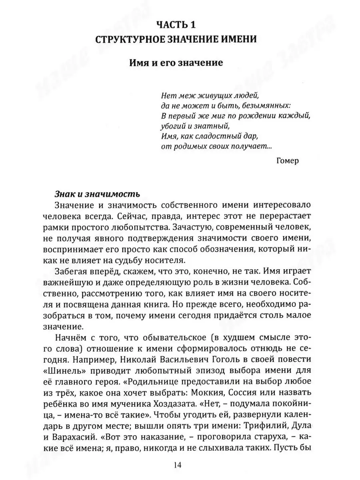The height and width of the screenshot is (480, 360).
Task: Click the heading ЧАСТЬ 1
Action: pyautogui.click(x=180, y=25)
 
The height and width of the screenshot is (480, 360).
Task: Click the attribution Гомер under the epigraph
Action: pyautogui.click(x=287, y=160)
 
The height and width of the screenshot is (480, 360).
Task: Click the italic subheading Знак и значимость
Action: pyautogui.click(x=97, y=194)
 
